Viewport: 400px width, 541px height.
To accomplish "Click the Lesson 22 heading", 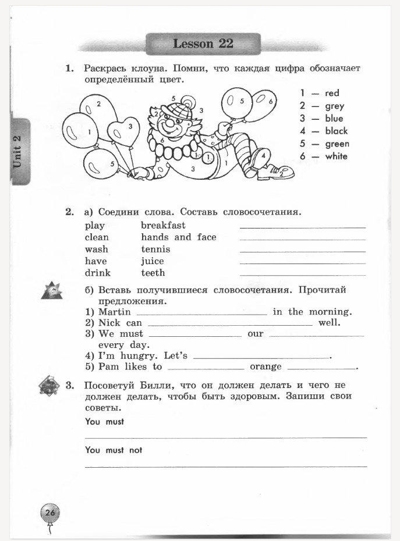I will tap(203, 44).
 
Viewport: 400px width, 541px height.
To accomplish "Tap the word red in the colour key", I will tap(332, 93).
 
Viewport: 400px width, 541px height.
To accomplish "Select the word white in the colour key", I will tap(336, 156).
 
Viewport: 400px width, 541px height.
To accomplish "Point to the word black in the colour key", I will tap(336, 131).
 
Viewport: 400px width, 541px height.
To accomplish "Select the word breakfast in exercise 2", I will tap(163, 225).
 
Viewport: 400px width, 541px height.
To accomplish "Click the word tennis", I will tap(155, 250).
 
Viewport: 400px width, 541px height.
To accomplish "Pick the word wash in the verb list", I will tap(96, 250).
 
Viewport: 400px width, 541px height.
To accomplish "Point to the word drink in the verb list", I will tap(97, 273).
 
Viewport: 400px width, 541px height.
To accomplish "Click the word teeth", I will tap(153, 273).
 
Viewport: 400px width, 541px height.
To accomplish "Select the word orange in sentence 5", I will tap(266, 366).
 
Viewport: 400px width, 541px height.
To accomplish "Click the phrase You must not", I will tap(114, 450).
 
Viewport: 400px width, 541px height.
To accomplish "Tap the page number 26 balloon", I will tap(49, 512).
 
